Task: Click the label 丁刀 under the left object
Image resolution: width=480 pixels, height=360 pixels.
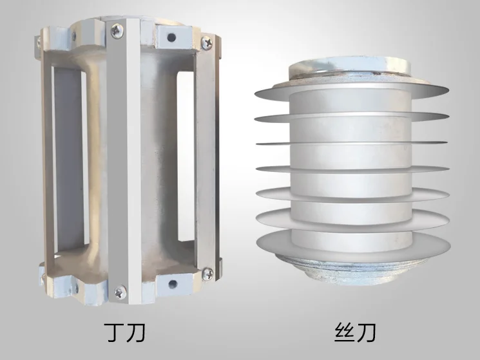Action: tap(125, 333)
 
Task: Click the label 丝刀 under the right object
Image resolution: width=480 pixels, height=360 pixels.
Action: tap(355, 333)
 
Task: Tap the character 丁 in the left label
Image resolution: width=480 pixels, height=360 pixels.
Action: tap(113, 333)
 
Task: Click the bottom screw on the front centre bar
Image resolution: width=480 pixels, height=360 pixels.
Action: tap(119, 292)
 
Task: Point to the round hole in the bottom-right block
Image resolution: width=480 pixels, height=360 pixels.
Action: tap(173, 283)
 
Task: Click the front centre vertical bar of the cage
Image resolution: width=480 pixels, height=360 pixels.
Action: tap(122, 161)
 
